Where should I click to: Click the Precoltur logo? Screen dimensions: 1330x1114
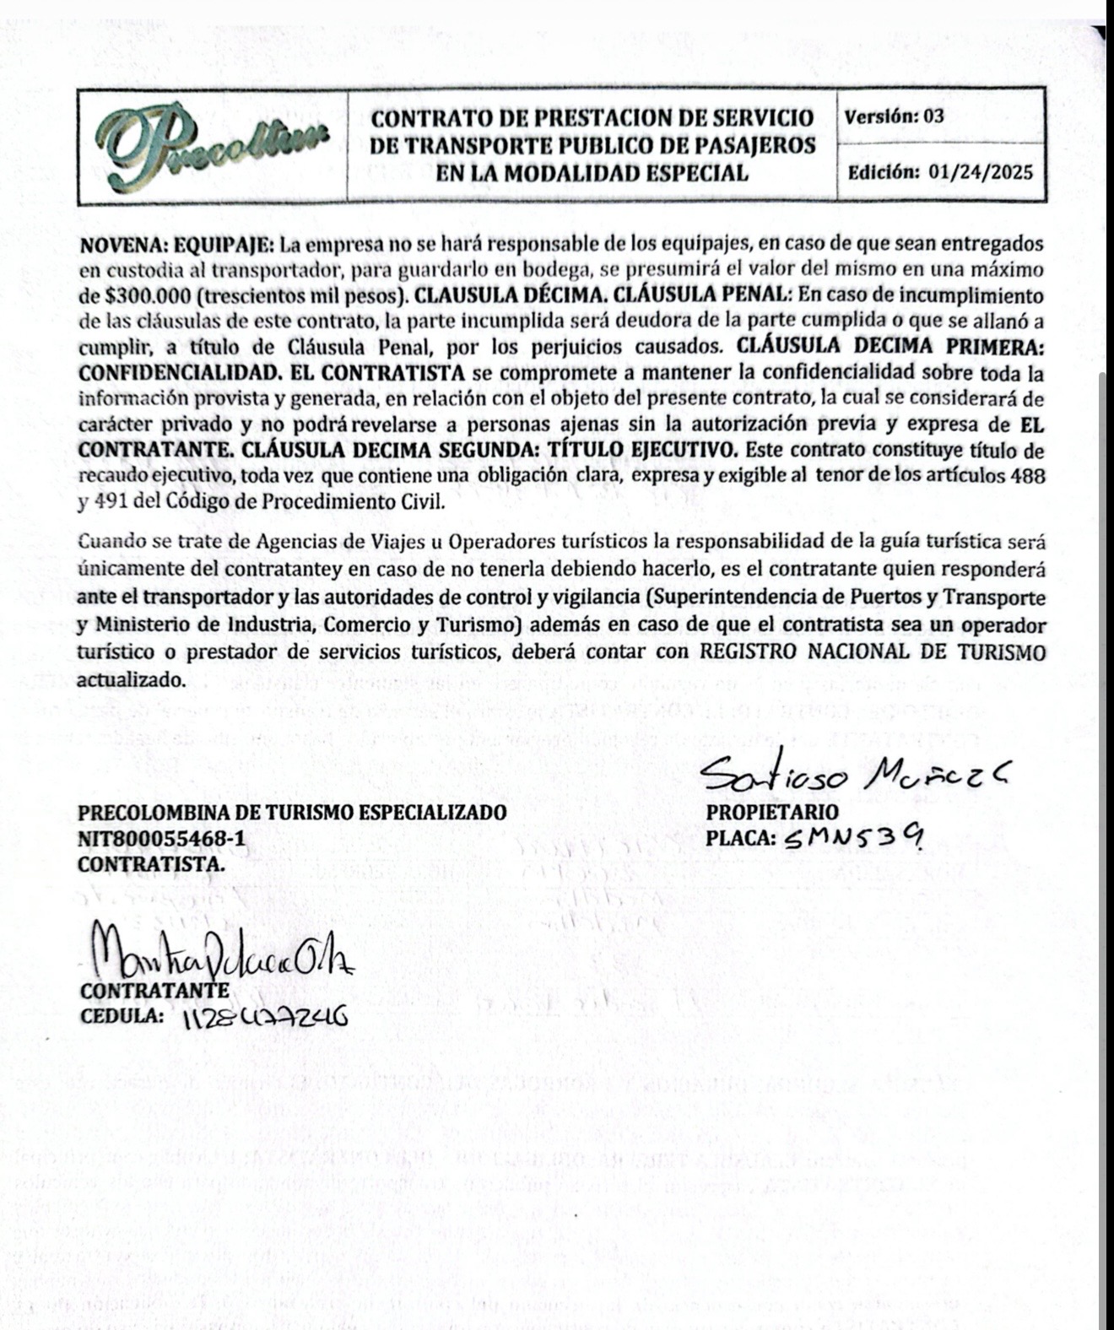(x=211, y=145)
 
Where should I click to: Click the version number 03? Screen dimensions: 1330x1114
(x=933, y=116)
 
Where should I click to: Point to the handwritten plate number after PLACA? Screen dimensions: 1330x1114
(x=852, y=838)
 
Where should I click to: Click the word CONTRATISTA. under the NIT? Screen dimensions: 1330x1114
(x=151, y=866)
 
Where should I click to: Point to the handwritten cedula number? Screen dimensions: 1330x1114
(x=264, y=1019)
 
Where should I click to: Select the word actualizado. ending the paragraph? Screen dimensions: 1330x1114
(x=131, y=680)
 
